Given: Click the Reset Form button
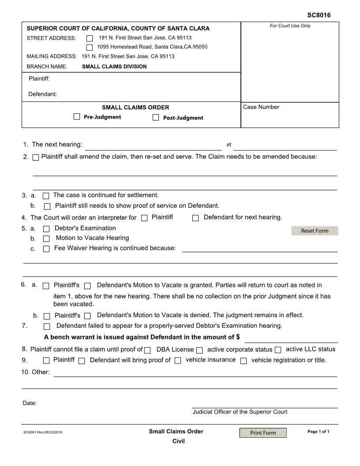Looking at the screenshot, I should [315, 231].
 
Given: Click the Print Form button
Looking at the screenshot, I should [263, 433].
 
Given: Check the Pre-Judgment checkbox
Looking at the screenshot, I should [77, 117].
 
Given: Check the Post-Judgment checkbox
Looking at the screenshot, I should [156, 117].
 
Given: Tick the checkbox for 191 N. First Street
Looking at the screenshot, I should [90, 38].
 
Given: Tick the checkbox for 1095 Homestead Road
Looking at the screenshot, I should [90, 47].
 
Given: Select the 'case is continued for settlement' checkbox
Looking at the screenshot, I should [46, 195].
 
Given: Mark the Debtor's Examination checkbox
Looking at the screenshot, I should [46, 229].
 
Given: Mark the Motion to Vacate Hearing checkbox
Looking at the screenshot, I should [46, 239].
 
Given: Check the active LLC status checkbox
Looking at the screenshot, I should [278, 350].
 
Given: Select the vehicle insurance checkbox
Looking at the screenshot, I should [178, 361].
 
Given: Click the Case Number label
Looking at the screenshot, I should [261, 107].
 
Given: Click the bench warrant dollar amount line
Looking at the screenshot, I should [291, 338].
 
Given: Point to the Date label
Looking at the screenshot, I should [30, 403].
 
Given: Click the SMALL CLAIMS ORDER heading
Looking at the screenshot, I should [135, 107].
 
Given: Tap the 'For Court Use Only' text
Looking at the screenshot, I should [290, 26].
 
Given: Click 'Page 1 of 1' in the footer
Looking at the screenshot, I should [318, 432].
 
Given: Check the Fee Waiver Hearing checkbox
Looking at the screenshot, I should [46, 249].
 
